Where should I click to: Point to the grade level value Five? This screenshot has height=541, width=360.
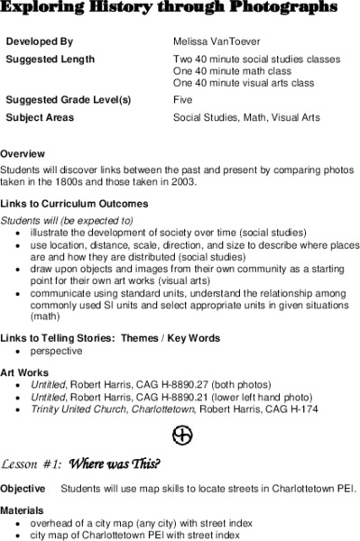pos(182,100)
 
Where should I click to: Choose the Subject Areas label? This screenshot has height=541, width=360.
pos(41,117)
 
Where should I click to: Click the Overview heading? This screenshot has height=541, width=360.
pos(23,154)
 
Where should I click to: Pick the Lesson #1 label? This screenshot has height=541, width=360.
pos(32,464)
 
